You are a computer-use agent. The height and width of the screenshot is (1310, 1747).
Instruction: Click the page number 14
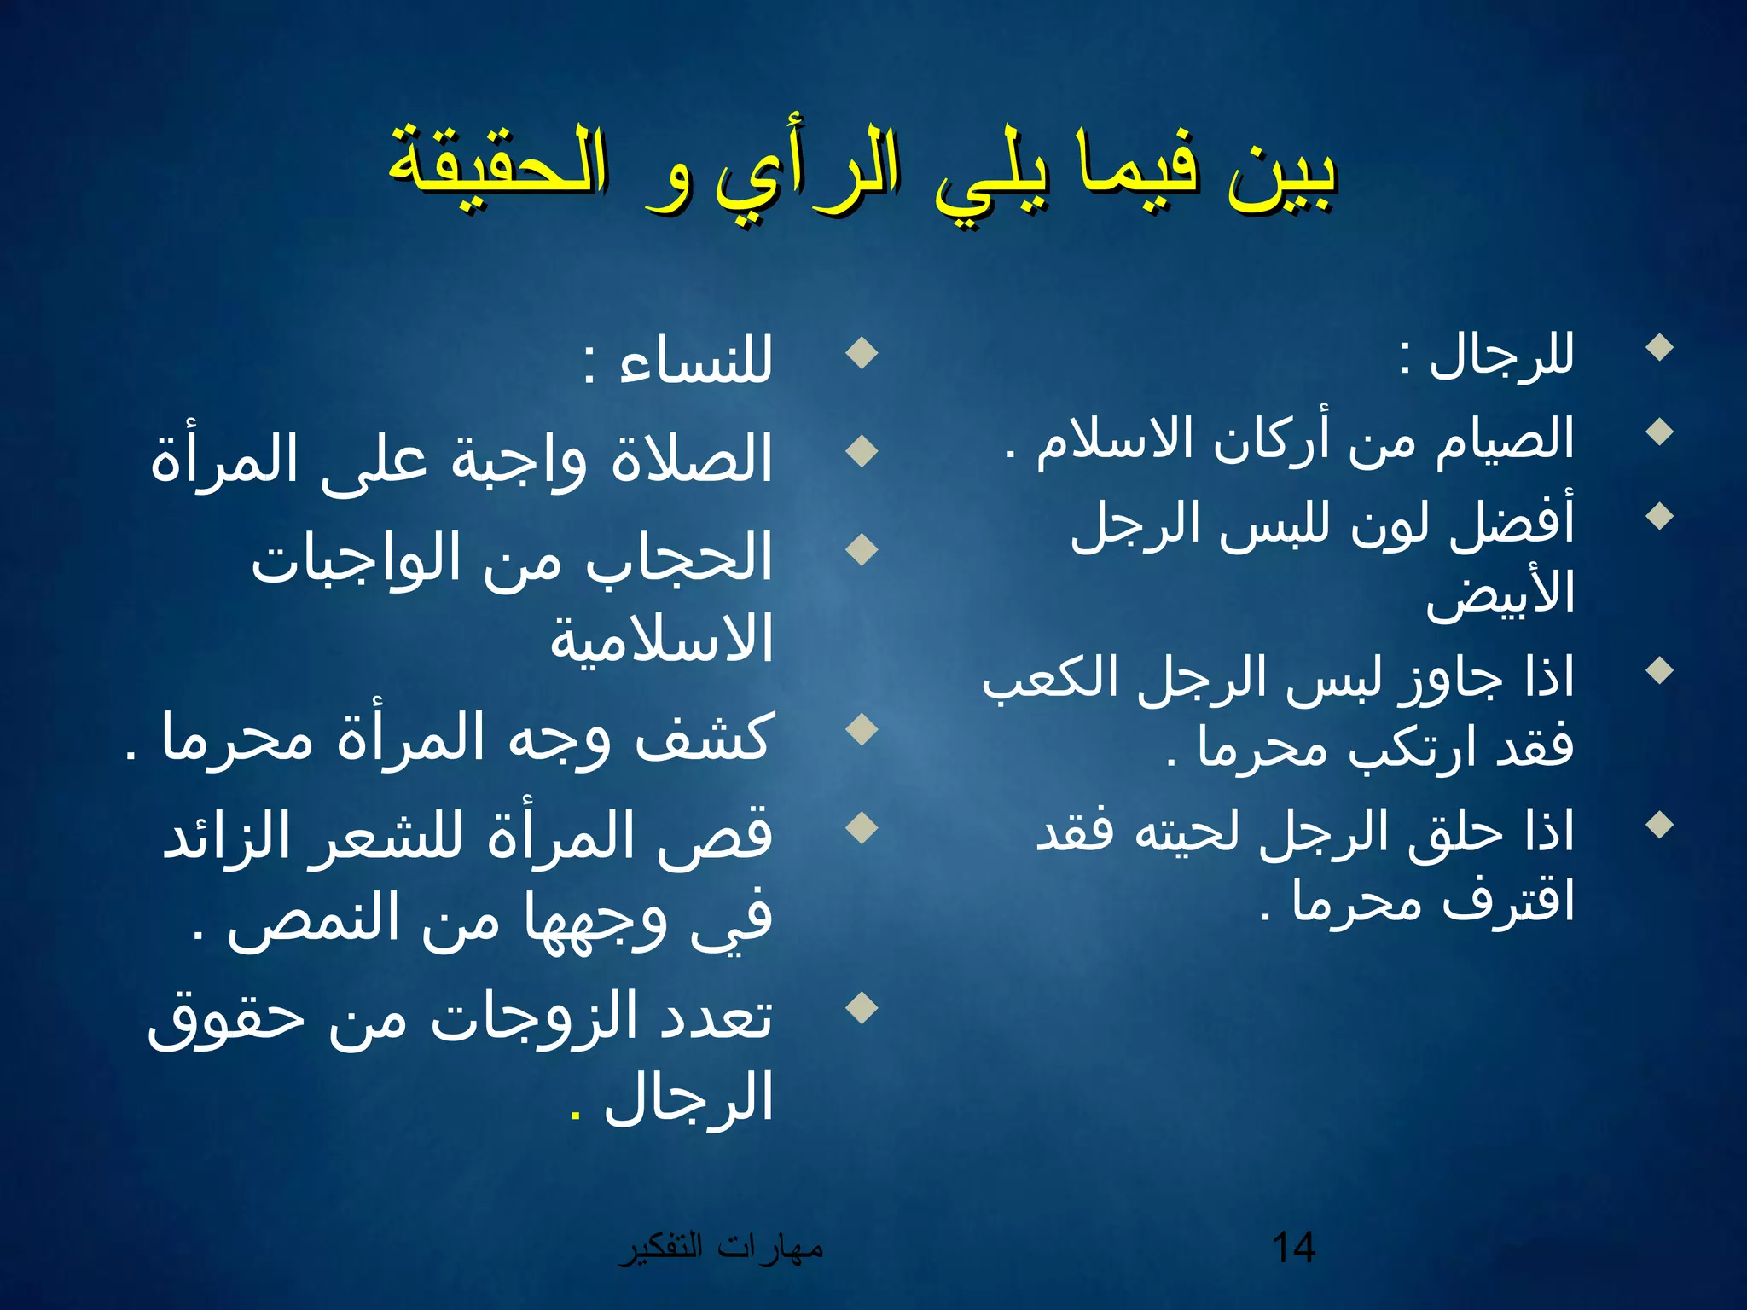click(1293, 1248)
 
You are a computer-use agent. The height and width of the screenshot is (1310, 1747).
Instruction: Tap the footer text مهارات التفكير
click(721, 1248)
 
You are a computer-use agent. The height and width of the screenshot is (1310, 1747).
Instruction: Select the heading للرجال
click(1501, 354)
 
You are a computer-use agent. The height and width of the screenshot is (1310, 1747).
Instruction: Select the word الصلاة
click(691, 458)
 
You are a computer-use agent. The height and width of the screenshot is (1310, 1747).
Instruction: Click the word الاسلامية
click(661, 638)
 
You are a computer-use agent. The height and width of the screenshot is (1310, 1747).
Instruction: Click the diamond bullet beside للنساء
click(862, 353)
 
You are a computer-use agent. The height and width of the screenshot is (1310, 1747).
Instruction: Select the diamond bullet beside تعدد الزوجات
click(862, 1007)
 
